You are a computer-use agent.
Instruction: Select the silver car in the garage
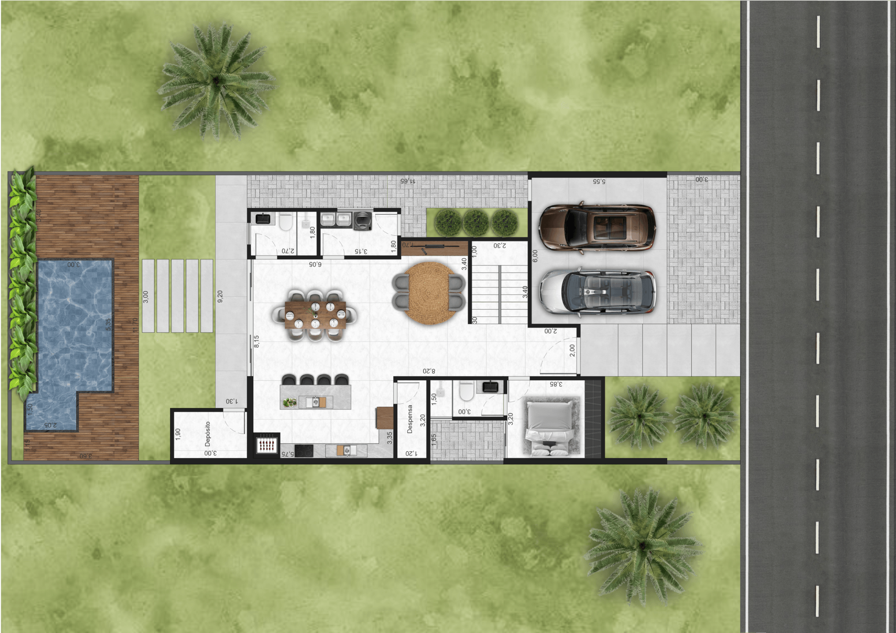[598, 291]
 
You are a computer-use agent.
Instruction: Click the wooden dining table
[315, 315]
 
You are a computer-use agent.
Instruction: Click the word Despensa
[409, 419]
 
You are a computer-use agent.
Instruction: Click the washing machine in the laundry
[362, 220]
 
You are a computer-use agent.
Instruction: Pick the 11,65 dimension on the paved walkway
[407, 181]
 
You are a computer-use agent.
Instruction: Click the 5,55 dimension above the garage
[599, 181]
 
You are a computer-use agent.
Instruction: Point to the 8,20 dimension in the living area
[429, 371]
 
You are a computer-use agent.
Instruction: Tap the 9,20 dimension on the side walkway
[220, 296]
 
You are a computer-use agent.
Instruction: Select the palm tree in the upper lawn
[216, 81]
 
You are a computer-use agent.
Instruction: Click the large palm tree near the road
[642, 545]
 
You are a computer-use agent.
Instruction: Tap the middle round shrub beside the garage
[476, 222]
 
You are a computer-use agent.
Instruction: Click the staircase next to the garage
[500, 289]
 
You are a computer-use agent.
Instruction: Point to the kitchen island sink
[315, 402]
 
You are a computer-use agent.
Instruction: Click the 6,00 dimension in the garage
[535, 256]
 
